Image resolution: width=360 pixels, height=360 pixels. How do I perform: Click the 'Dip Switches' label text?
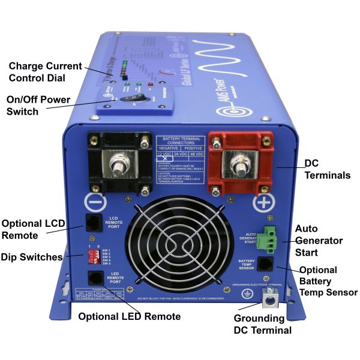point(32,257)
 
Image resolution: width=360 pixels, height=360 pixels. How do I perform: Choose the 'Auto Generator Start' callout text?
point(319,241)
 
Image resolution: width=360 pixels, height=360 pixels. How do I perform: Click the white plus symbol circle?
point(263,202)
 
